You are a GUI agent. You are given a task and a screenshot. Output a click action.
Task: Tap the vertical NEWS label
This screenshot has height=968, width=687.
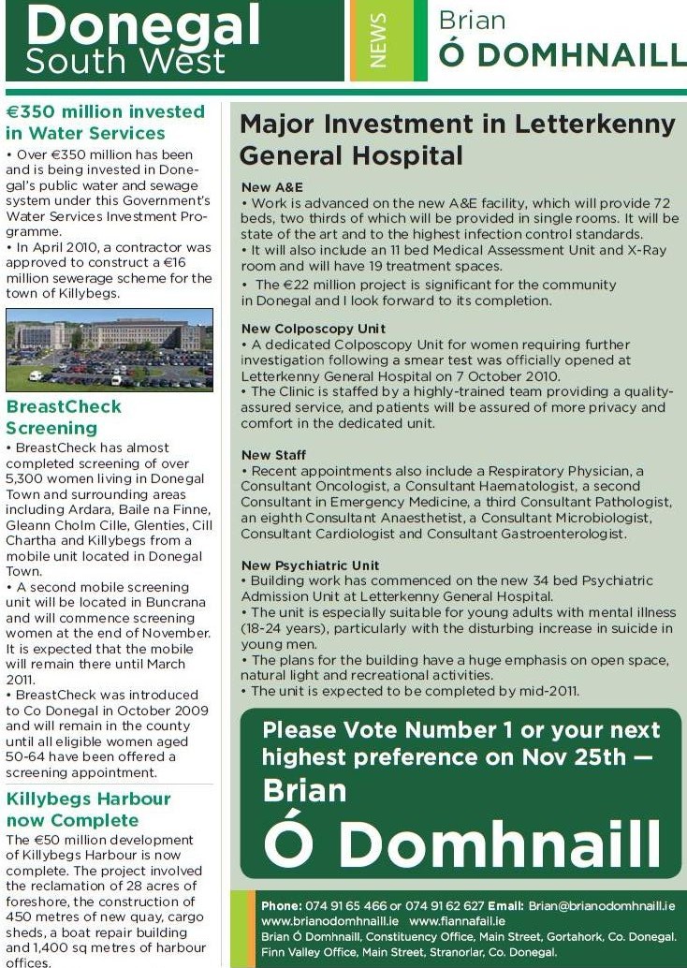[379, 40]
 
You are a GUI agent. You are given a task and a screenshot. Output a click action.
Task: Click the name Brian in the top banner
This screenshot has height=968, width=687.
[472, 21]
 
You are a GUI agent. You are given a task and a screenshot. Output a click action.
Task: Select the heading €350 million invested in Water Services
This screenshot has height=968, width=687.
[105, 123]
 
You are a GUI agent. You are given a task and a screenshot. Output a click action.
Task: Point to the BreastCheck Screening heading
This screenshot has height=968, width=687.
[64, 418]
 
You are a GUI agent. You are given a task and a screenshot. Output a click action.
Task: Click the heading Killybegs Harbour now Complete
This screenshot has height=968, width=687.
[88, 810]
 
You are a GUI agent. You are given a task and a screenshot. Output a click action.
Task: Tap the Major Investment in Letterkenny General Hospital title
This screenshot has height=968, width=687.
[457, 139]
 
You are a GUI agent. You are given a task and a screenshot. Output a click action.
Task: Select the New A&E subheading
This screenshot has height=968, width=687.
[271, 187]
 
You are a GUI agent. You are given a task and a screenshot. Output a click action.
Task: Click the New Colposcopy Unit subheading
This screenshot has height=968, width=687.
[313, 330]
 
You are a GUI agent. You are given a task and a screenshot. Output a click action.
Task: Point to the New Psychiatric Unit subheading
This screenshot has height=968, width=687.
[310, 566]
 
